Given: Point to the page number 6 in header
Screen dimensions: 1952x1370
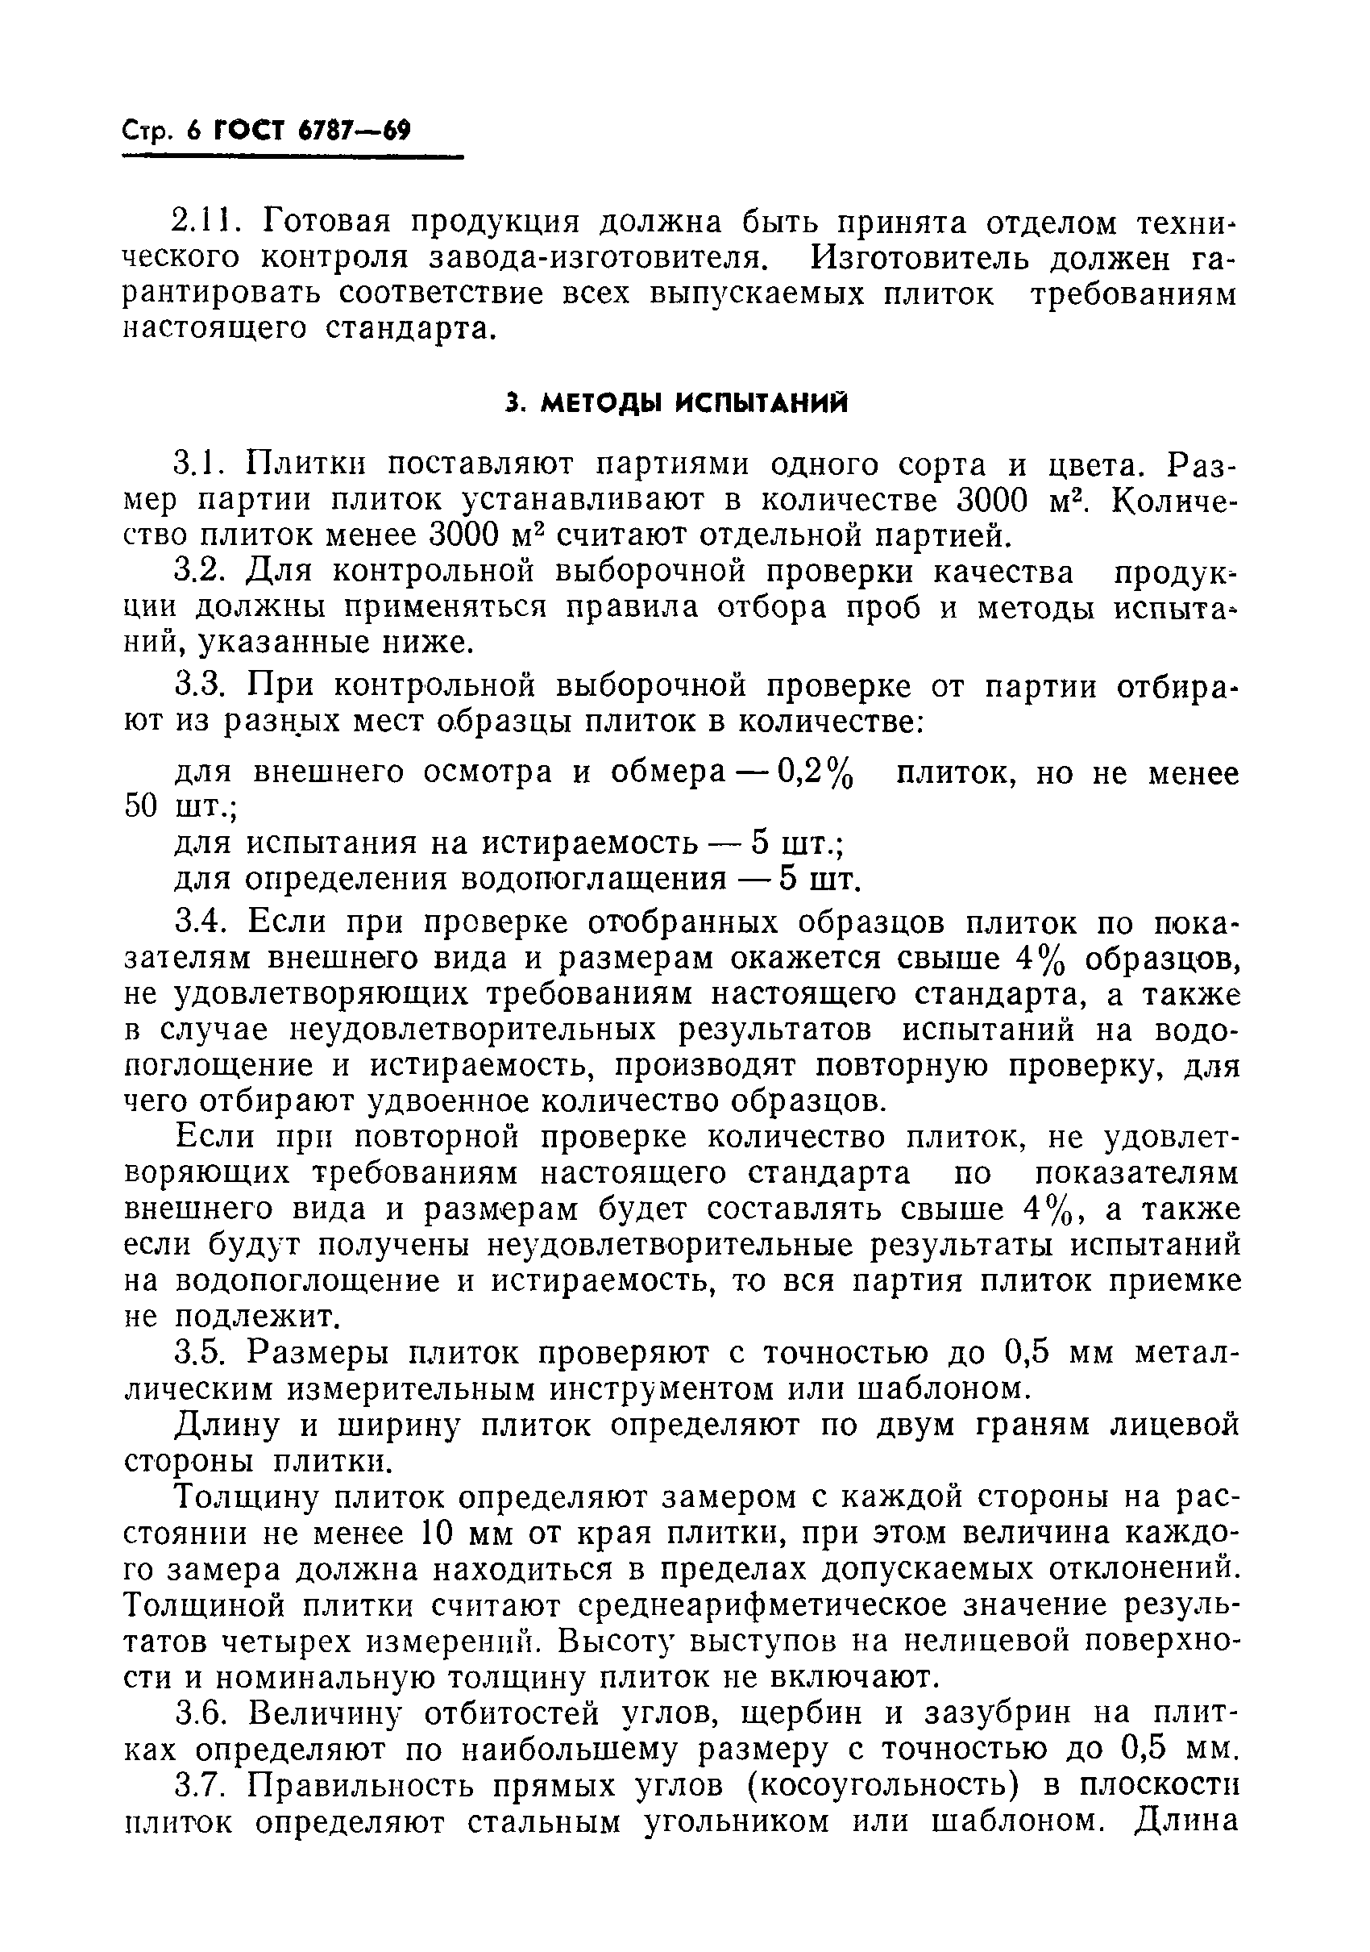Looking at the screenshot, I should pos(193,131).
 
